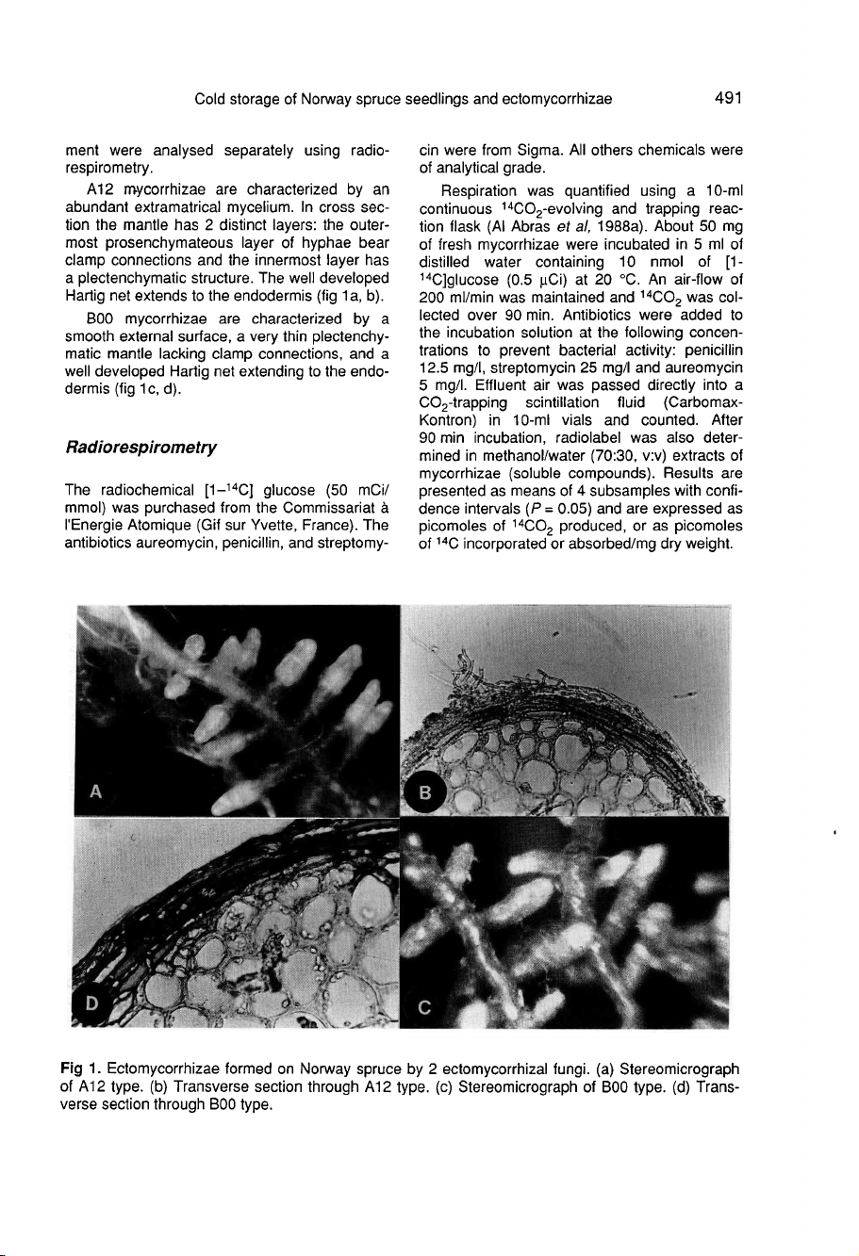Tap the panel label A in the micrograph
94,792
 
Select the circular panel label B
424,793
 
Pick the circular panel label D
93,1003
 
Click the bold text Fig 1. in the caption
80,1068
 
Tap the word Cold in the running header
211,98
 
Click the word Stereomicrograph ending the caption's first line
679,1068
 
